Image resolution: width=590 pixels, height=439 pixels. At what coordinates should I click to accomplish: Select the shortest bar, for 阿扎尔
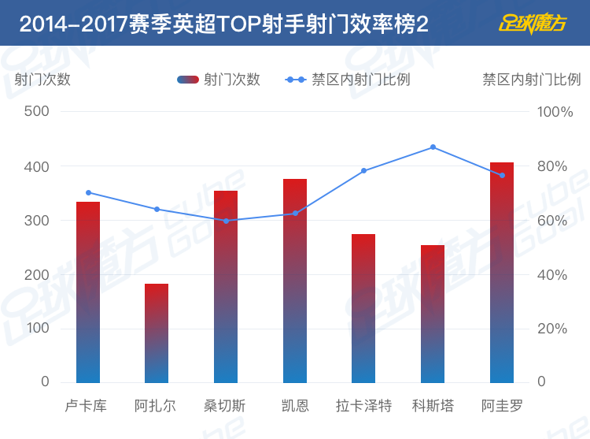tap(157, 333)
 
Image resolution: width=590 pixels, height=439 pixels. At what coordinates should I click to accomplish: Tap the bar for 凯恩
tap(295, 281)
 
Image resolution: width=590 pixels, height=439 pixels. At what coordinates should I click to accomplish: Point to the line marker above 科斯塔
tap(433, 147)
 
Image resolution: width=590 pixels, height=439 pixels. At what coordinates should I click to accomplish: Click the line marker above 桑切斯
tap(226, 221)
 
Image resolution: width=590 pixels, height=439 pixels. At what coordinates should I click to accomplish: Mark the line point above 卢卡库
tap(88, 192)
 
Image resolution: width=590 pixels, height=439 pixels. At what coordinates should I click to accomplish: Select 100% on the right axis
tap(555, 112)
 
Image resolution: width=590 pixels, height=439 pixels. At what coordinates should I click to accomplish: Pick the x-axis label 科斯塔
tap(433, 407)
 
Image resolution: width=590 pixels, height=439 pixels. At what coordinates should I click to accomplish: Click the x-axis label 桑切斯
tap(226, 407)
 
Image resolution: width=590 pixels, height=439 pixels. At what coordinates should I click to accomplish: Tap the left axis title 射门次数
tap(42, 80)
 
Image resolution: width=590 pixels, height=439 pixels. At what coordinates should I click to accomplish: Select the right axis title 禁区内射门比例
tap(531, 80)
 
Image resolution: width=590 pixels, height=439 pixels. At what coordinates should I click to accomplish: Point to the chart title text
tap(224, 24)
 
